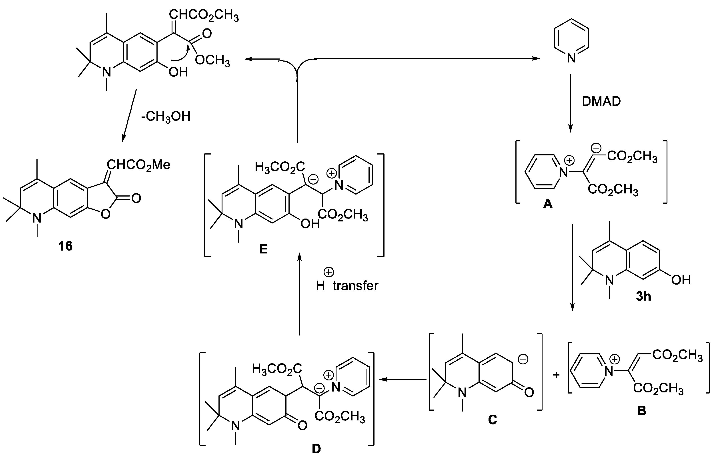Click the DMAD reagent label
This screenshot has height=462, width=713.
601,102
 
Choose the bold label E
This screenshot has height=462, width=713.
263,249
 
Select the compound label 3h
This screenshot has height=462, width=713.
643,296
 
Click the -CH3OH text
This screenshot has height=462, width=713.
166,117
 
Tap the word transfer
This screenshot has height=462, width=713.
355,286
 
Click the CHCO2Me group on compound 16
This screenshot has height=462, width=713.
138,165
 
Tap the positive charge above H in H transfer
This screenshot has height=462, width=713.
329,272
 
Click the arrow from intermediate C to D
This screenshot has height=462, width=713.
403,379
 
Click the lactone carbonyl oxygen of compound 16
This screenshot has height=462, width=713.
136,198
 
